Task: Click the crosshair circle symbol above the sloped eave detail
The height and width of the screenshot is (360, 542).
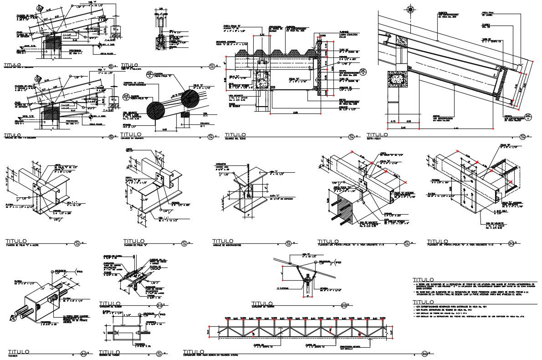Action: click(x=410, y=9)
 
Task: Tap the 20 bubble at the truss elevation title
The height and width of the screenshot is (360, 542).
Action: click(x=424, y=353)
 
